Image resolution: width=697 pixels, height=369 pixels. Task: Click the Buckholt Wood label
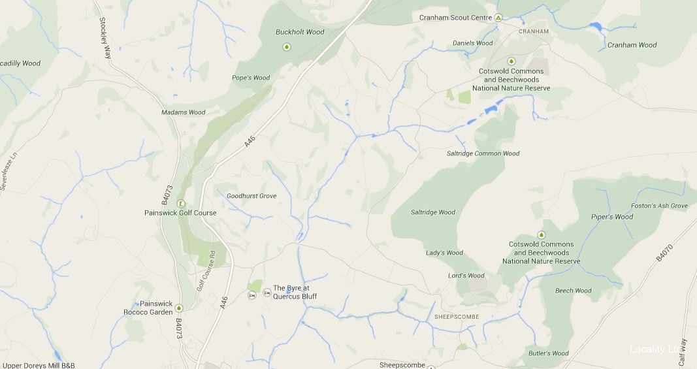point(300,32)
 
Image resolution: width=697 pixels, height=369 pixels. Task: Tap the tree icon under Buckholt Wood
point(286,46)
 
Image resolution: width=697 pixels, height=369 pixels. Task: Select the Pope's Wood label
point(251,78)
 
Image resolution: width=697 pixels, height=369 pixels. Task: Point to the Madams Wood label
point(184,112)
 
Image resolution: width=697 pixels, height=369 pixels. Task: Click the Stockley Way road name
point(105,38)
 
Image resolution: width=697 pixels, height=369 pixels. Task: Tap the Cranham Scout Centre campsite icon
point(498,18)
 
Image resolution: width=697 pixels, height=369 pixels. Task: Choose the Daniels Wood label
point(472,44)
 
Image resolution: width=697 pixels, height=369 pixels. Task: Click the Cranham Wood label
point(632,45)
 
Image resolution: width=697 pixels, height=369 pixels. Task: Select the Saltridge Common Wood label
point(483,153)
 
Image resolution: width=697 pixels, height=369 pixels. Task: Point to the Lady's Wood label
point(444,253)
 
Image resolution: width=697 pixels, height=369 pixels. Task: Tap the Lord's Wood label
point(466,276)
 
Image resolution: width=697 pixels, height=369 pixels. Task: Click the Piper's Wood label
point(612,217)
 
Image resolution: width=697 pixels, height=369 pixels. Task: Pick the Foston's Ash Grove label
point(659,206)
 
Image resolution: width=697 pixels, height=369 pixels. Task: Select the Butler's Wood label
point(549,353)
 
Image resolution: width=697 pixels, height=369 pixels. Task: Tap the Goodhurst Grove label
point(251,196)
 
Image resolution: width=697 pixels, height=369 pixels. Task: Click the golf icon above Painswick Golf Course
point(181,203)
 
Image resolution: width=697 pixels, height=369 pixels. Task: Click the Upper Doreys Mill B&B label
point(39,365)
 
